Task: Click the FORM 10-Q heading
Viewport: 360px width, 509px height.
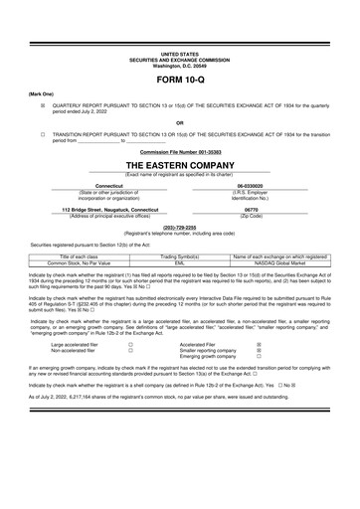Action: click(x=179, y=78)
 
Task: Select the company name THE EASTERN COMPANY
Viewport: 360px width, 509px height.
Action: click(x=179, y=163)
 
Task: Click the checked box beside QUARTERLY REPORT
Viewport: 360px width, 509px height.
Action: click(x=43, y=102)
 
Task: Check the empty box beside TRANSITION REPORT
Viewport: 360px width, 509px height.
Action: click(x=43, y=131)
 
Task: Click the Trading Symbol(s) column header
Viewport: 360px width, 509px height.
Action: click(x=180, y=256)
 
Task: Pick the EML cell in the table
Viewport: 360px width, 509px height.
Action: click(x=180, y=262)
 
